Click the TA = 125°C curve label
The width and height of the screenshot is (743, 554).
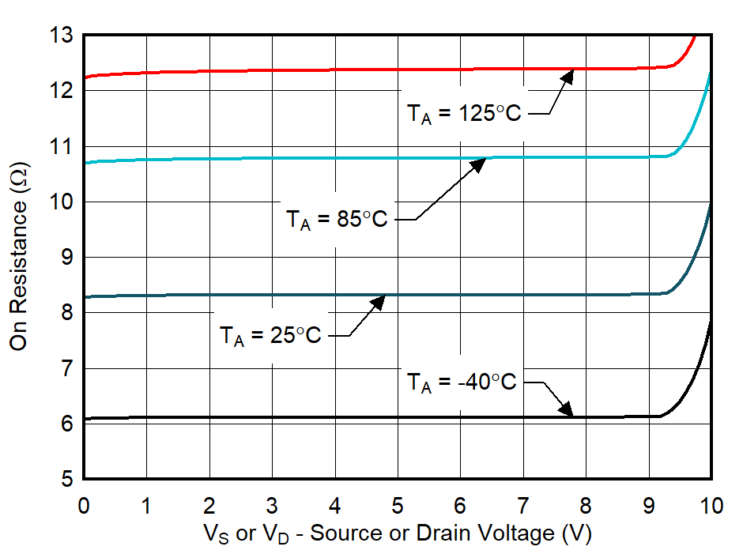tap(464, 114)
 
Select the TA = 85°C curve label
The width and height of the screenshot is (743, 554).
tap(337, 219)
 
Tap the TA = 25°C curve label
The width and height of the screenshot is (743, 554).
tap(270, 336)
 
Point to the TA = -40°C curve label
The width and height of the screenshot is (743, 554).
tap(462, 383)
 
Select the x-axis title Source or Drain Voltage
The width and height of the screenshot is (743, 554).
tap(398, 533)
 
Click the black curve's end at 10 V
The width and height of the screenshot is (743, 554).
tap(711, 319)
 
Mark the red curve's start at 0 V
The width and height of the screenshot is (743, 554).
tap(85, 77)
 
